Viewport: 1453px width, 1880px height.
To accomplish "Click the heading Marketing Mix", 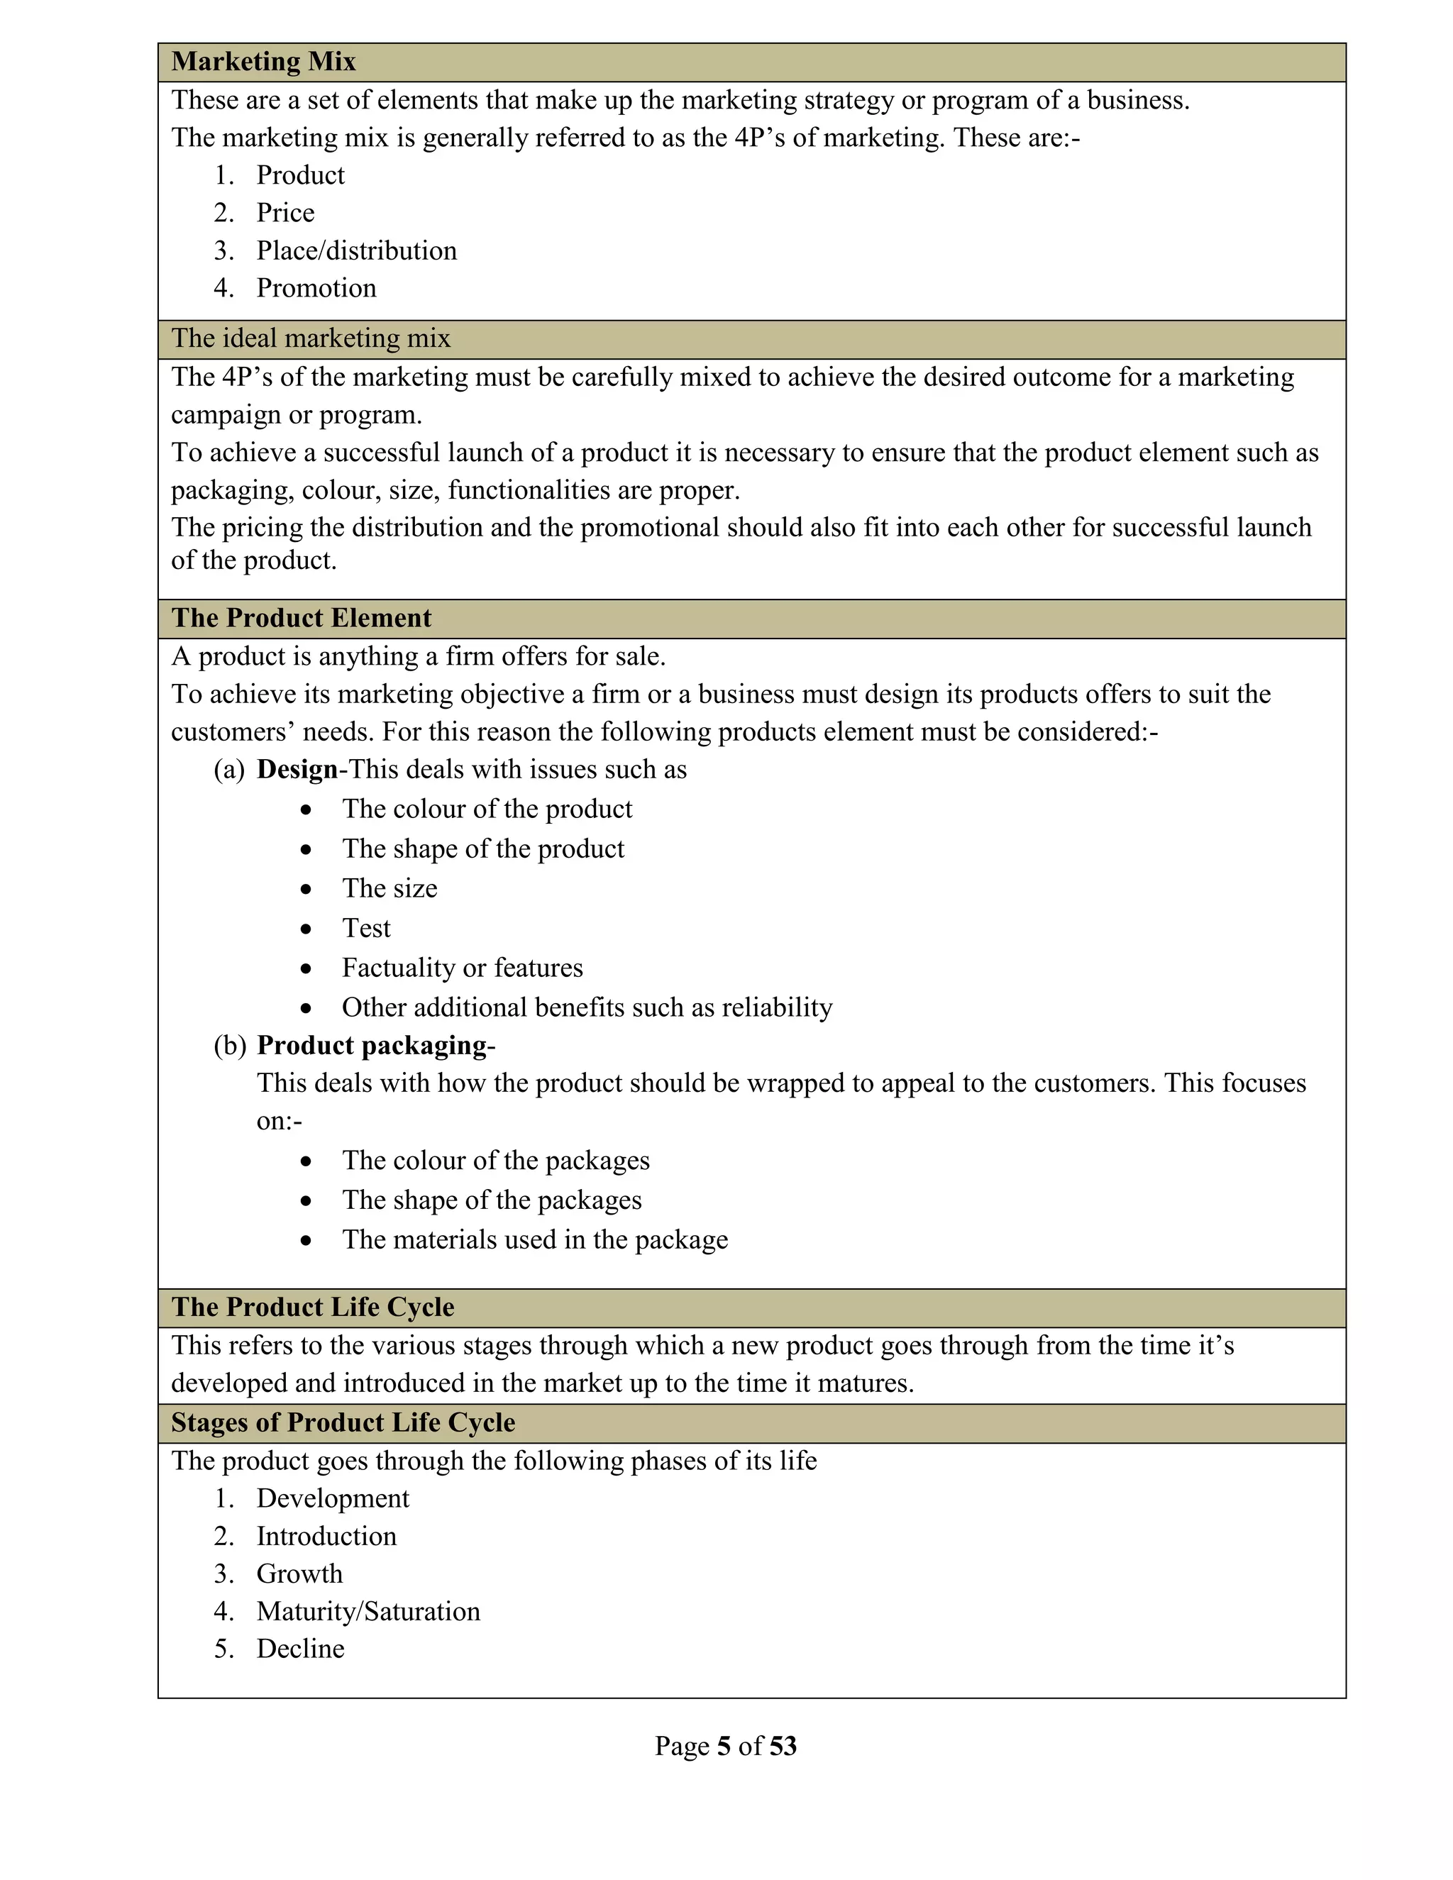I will (x=263, y=62).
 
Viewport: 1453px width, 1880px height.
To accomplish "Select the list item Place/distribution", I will (x=356, y=250).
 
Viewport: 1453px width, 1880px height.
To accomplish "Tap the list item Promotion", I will (x=316, y=288).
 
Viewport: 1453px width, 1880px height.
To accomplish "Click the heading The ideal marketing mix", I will (x=311, y=338).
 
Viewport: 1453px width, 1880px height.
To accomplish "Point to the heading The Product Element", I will (x=302, y=618).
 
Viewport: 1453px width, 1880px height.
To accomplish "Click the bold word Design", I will (x=297, y=770).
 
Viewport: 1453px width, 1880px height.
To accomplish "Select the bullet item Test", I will (x=366, y=928).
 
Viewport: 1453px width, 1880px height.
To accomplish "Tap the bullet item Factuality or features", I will (x=463, y=968).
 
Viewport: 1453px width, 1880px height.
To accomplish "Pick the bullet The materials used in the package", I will (x=534, y=1239).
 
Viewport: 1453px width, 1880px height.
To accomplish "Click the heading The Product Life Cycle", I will (x=312, y=1307).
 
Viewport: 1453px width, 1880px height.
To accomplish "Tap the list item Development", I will (x=332, y=1498).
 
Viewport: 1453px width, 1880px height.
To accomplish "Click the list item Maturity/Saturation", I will (x=368, y=1610).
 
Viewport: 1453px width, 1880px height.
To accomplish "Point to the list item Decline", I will (x=300, y=1649).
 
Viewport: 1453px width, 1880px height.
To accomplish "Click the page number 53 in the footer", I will (x=783, y=1746).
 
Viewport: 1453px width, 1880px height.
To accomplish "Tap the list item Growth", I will (x=299, y=1574).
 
